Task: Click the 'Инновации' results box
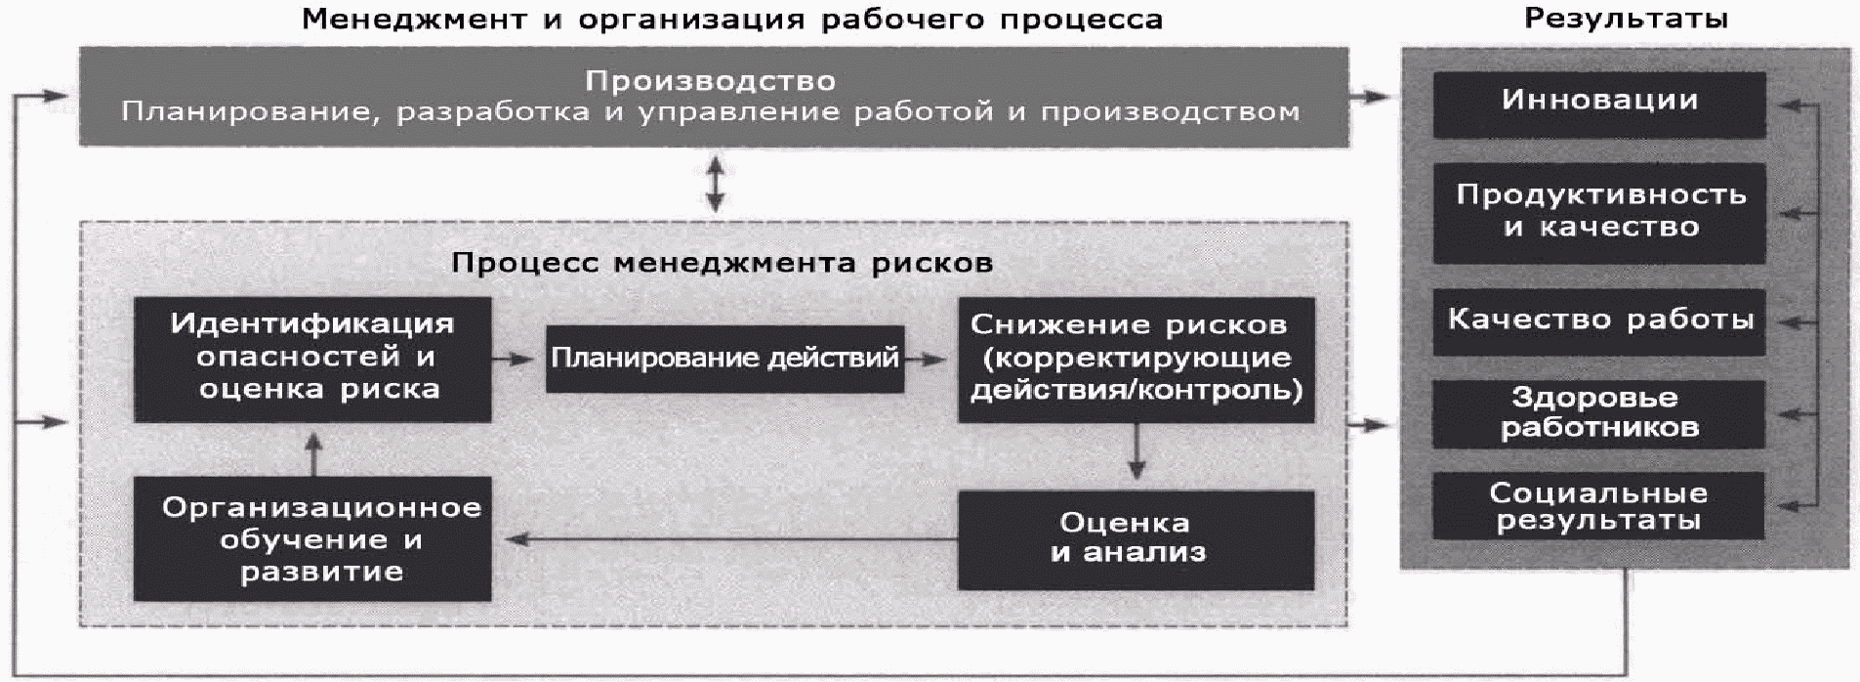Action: [1598, 103]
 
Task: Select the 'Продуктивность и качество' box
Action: [1598, 212]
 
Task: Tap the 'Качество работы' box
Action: [1598, 320]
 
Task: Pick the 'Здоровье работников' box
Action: [1598, 413]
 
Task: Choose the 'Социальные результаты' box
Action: [1598, 505]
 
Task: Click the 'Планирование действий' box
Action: [724, 359]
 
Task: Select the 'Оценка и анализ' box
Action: [1136, 539]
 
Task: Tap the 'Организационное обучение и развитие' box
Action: [312, 538]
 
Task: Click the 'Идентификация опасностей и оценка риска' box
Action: [312, 358]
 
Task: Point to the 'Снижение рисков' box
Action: [1136, 358]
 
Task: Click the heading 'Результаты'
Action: [1626, 19]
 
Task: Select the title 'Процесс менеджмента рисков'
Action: [722, 263]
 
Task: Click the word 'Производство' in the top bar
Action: [710, 81]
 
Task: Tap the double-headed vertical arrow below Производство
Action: [716, 185]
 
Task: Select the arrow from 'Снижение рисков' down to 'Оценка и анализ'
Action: [1136, 450]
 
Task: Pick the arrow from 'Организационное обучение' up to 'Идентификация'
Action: [312, 453]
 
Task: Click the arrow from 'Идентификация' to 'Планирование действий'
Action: [516, 360]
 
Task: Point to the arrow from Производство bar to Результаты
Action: [1373, 97]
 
